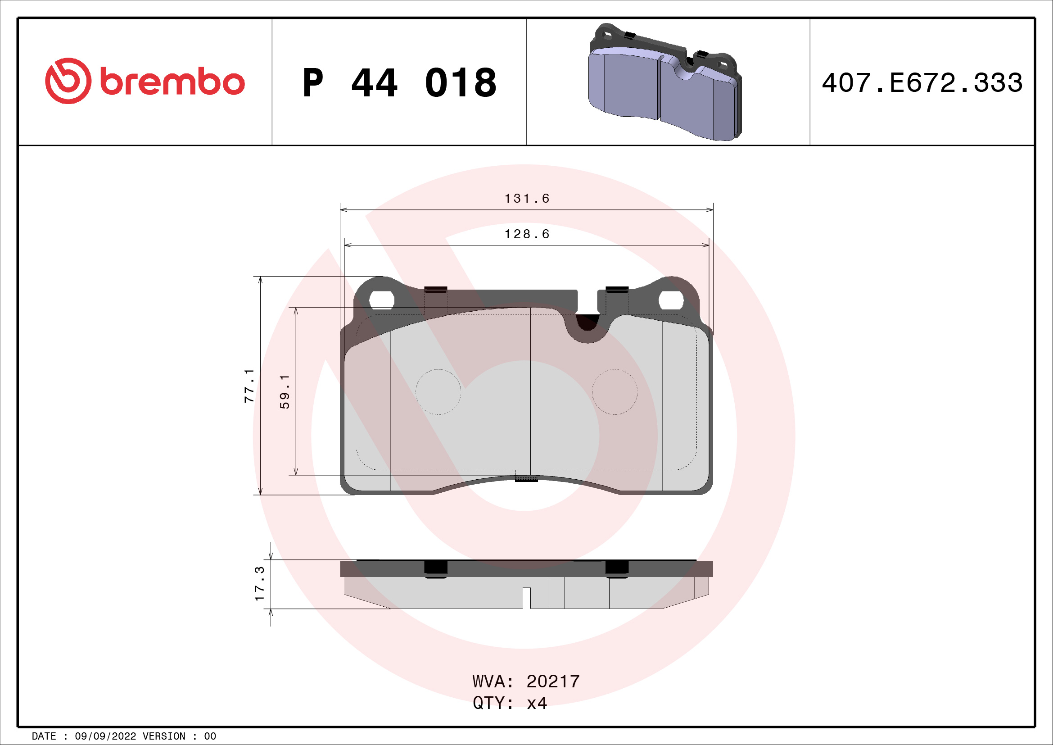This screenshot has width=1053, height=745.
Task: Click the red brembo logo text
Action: point(172,82)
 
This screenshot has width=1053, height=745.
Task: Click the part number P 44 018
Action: point(399,83)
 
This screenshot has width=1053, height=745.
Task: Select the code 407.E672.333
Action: point(922,83)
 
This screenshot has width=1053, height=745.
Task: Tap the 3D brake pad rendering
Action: point(665,82)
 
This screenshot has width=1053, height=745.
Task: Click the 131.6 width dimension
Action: point(527,199)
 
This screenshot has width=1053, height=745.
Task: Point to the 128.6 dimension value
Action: point(527,234)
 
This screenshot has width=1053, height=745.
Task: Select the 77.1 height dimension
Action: point(249,386)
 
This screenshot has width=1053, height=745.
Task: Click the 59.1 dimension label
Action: point(285,391)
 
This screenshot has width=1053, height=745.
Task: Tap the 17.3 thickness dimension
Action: point(260,583)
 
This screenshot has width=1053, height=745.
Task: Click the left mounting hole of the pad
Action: point(382,300)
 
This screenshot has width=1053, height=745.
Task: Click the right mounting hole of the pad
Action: point(671,300)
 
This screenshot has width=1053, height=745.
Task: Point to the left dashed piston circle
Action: point(438,392)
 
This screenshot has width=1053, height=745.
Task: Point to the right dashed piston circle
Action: point(615,392)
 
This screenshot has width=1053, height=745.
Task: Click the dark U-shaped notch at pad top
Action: point(587,322)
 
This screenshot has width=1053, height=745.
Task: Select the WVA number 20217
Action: point(553,681)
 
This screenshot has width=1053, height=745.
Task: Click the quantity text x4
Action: point(537,703)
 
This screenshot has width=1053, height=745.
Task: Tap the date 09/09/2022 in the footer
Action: point(105,736)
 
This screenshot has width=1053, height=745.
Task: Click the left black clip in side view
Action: point(435,568)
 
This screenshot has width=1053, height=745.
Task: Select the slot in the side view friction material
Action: point(527,598)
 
